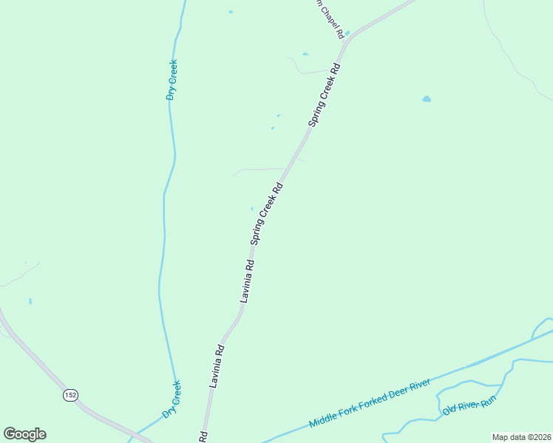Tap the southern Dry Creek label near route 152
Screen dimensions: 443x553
[172, 399]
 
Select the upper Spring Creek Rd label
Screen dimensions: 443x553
[324, 95]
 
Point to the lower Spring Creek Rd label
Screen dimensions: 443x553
[267, 213]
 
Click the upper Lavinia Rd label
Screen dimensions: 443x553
[247, 281]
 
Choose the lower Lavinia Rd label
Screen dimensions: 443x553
[217, 365]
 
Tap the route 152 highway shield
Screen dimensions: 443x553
[69, 395]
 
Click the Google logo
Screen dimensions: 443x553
[24, 434]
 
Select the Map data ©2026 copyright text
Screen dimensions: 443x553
[521, 437]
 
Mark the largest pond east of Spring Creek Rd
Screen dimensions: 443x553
[427, 98]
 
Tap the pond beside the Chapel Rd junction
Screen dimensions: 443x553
[347, 33]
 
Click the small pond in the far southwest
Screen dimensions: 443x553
[30, 301]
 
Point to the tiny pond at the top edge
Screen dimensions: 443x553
[231, 12]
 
